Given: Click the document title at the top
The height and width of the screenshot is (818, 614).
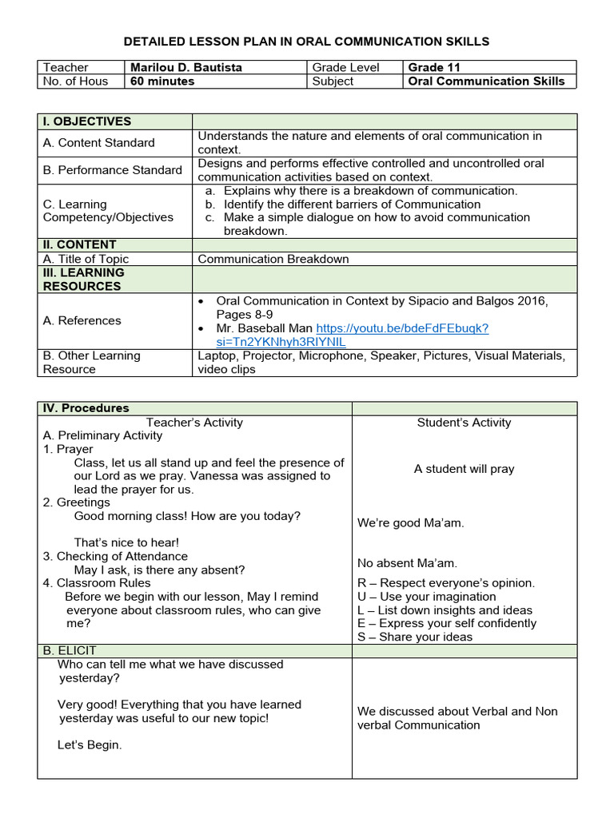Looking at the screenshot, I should pyautogui.click(x=307, y=41).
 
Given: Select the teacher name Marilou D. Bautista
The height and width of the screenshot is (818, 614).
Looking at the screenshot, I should pyautogui.click(x=185, y=67).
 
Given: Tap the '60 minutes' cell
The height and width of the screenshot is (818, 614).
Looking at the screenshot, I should pyautogui.click(x=162, y=81).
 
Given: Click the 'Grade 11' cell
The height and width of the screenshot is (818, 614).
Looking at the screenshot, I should pyautogui.click(x=434, y=67).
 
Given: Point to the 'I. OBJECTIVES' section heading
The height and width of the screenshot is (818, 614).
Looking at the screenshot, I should pyautogui.click(x=87, y=121).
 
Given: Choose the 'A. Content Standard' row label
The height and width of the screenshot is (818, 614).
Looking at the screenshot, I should pyautogui.click(x=98, y=143).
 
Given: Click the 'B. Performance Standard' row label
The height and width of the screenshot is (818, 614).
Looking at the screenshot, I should pyautogui.click(x=112, y=170).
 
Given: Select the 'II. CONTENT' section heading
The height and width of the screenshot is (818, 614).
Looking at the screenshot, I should pyautogui.click(x=80, y=244).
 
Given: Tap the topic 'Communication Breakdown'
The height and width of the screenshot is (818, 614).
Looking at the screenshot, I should pyautogui.click(x=273, y=259).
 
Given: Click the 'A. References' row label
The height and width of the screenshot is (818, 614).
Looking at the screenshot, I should pyautogui.click(x=82, y=320).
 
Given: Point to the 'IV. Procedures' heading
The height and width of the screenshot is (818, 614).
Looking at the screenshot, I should pyautogui.click(x=86, y=408).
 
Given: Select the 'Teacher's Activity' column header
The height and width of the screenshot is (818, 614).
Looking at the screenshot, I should pyautogui.click(x=194, y=423).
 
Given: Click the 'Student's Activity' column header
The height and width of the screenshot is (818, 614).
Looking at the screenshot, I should pyautogui.click(x=464, y=423).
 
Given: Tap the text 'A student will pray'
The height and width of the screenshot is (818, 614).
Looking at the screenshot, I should pyautogui.click(x=464, y=469).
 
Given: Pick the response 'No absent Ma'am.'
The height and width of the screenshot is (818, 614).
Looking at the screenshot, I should pyautogui.click(x=407, y=563).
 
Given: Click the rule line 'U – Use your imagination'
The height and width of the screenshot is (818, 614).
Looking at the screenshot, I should pyautogui.click(x=427, y=597).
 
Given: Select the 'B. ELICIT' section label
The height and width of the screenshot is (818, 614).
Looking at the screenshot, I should pyautogui.click(x=70, y=651).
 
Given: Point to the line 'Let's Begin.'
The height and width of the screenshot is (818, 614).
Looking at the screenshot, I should pyautogui.click(x=90, y=745).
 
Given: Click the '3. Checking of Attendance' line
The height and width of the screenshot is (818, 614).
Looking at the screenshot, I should pyautogui.click(x=115, y=556).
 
